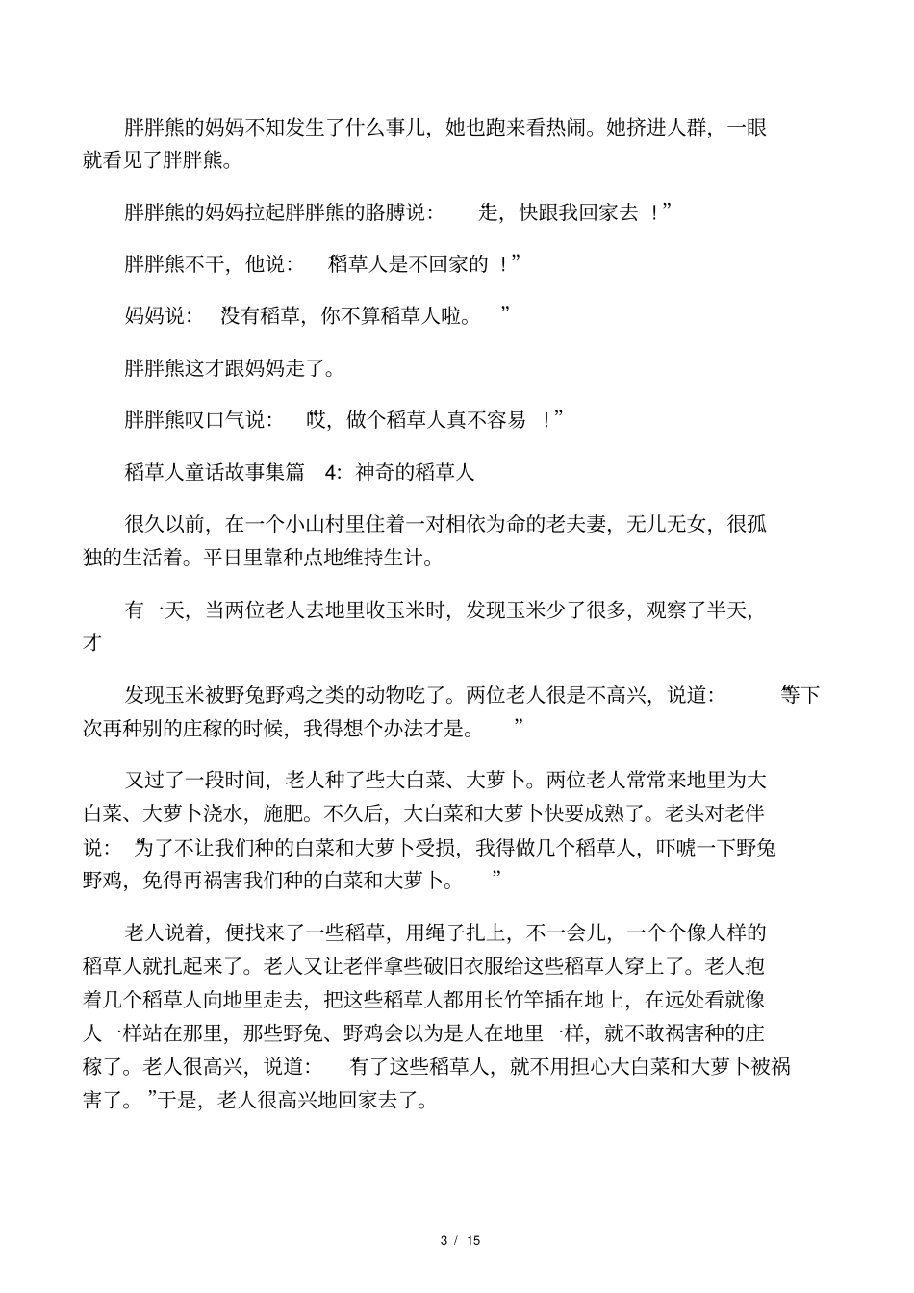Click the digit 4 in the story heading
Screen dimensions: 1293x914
[x=333, y=472]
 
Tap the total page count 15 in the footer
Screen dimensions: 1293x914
[x=473, y=1240]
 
